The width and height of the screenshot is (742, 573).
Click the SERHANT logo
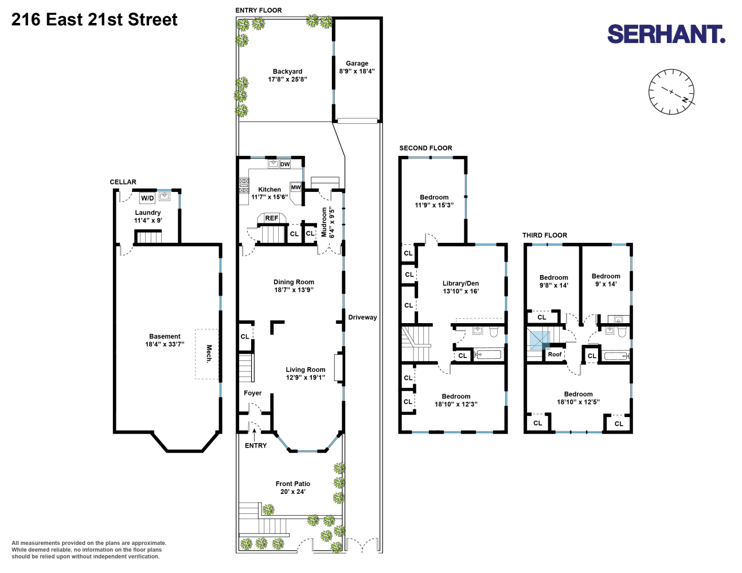tap(666, 34)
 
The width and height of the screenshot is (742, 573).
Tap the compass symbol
tap(671, 92)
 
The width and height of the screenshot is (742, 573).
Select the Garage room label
tap(357, 64)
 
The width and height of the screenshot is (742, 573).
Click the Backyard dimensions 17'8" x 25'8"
tap(287, 80)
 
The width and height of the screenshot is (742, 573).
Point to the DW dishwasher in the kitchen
tap(285, 164)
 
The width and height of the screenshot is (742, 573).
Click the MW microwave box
tap(296, 187)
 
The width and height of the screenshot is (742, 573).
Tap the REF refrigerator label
tap(272, 218)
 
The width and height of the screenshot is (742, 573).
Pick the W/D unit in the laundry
tap(147, 198)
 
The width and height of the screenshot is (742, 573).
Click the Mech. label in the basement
tap(209, 354)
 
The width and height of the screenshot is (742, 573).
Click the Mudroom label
tap(324, 222)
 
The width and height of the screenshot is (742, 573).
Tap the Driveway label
tap(362, 317)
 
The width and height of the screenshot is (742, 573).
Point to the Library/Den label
tap(460, 284)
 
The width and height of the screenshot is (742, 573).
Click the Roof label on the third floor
tap(554, 354)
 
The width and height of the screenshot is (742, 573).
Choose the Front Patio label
tap(293, 484)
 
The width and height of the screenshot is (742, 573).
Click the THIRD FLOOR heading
tap(545, 235)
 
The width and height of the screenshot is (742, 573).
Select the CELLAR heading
tap(123, 182)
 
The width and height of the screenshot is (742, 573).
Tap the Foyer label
tap(253, 393)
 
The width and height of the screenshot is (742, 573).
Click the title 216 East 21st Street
tap(94, 19)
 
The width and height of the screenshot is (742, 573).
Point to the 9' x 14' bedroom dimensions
tap(606, 284)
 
